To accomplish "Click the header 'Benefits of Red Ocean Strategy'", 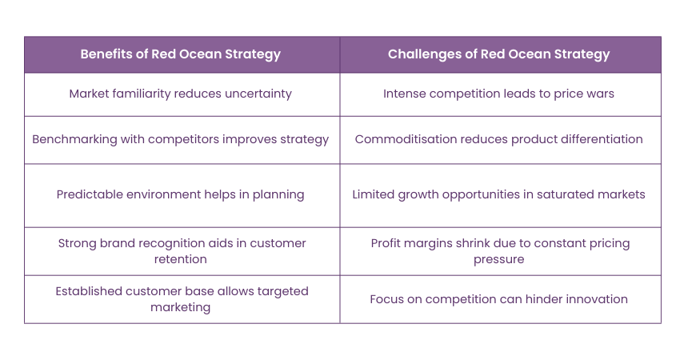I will pyautogui.click(x=181, y=54).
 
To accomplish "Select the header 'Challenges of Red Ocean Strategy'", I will pyautogui.click(x=499, y=54).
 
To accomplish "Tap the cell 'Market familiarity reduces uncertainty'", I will pyautogui.click(x=181, y=94).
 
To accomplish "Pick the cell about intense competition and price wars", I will pyautogui.click(x=499, y=94).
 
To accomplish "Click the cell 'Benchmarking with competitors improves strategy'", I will pyautogui.click(x=181, y=139).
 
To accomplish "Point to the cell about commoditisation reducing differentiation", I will pyautogui.click(x=499, y=139).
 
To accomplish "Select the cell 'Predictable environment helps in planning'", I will pyautogui.click(x=181, y=194).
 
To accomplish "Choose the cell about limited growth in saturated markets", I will pyautogui.click(x=499, y=194).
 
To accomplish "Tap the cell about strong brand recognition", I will pyautogui.click(x=181, y=250).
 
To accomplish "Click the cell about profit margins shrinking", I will pyautogui.click(x=499, y=250).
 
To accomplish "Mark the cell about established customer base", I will pyautogui.click(x=181, y=298).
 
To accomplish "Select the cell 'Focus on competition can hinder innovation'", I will pyautogui.click(x=499, y=299).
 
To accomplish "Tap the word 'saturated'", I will pyautogui.click(x=571, y=194).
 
